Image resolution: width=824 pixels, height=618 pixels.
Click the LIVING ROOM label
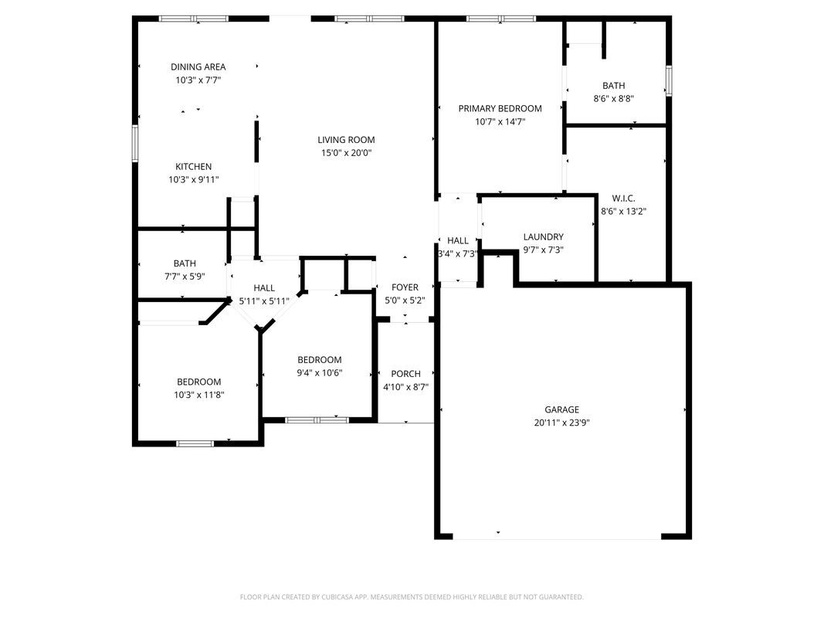[346, 140]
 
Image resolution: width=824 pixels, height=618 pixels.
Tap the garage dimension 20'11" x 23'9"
[561, 423]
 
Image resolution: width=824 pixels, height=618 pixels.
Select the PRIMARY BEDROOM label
[500, 109]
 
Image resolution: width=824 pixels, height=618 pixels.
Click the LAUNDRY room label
[543, 237]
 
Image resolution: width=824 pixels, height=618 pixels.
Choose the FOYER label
[405, 287]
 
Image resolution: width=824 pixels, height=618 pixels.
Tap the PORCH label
[405, 374]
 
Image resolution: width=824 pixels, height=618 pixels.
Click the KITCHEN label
[193, 167]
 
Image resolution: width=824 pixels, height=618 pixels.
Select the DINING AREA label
[198, 67]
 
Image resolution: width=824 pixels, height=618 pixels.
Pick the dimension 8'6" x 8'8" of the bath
[614, 99]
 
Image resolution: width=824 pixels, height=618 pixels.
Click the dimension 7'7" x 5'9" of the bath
[185, 276]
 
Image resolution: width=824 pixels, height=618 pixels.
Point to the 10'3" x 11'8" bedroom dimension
[198, 395]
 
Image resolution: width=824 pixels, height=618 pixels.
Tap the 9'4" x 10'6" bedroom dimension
[320, 373]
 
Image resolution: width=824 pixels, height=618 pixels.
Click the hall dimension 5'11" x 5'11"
[264, 301]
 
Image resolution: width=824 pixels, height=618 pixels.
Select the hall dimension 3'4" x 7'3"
[458, 253]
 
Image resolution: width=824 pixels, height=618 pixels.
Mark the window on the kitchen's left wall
[135, 143]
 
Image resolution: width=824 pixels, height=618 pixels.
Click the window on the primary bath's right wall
[669, 80]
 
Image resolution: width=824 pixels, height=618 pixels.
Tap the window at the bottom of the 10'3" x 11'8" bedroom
[195, 443]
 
